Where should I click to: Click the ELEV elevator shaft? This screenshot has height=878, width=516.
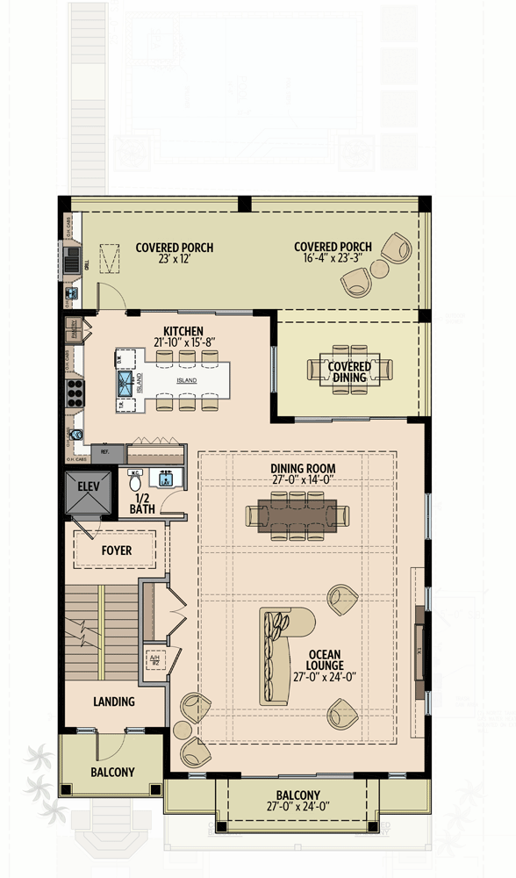point(88,497)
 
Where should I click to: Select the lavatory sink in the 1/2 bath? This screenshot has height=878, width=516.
point(164,480)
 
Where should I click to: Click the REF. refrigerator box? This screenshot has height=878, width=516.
point(105,452)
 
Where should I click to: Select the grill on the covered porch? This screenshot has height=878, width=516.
point(72,259)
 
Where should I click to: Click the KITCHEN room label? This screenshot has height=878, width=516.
point(183,330)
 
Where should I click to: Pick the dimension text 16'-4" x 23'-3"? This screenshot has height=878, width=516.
point(333,259)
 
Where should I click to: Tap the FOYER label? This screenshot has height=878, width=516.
point(116,551)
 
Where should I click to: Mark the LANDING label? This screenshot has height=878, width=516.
point(114,702)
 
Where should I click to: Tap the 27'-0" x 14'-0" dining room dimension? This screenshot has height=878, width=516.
point(303,480)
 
